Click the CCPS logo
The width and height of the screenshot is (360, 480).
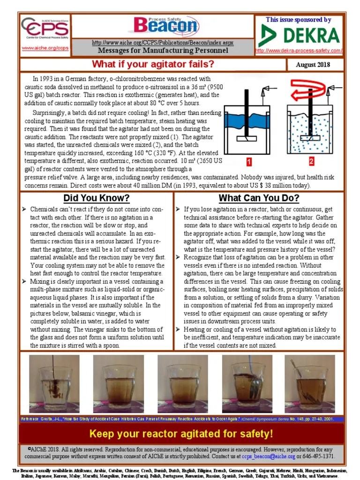(x=45, y=31)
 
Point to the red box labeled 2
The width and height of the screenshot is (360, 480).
(x=311, y=162)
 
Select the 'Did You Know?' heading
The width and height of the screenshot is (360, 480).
(x=97, y=197)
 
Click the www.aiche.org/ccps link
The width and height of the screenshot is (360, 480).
(x=45, y=48)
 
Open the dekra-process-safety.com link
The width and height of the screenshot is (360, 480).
(x=299, y=50)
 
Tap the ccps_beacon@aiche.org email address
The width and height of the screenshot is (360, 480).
(x=268, y=456)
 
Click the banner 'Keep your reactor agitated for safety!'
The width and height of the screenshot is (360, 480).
(x=181, y=434)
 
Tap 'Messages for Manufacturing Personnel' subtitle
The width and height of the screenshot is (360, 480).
(x=163, y=51)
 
